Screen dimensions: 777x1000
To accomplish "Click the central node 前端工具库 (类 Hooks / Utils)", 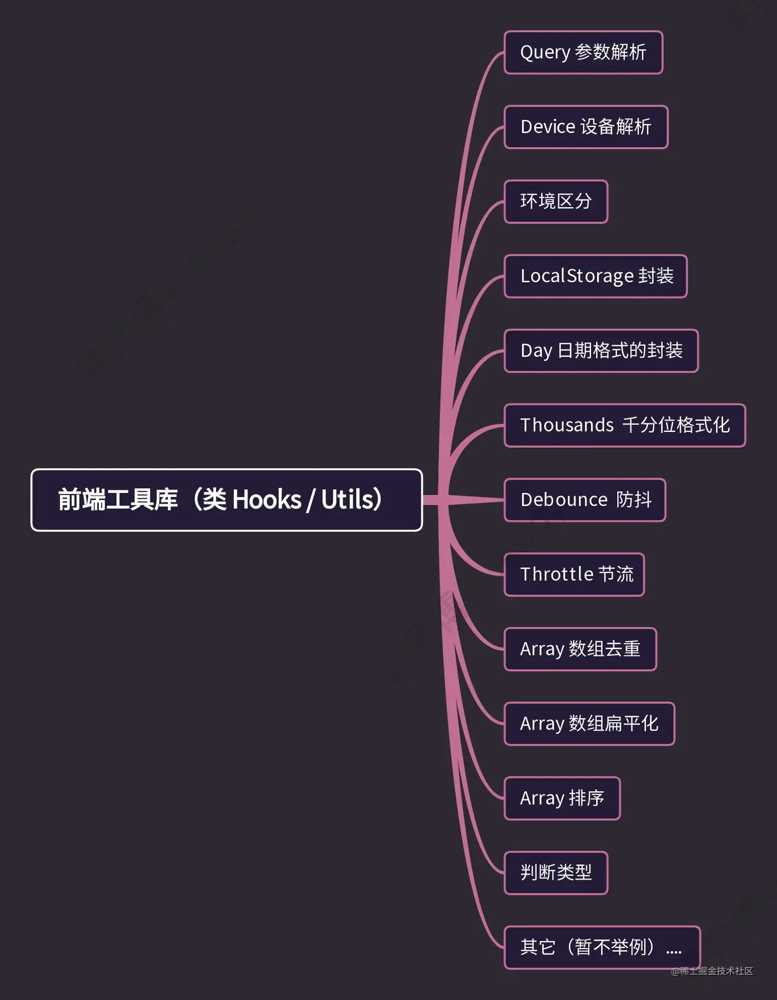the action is point(226,500).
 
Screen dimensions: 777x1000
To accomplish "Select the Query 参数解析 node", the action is point(583,52).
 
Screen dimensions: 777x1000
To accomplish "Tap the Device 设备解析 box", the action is point(586,127).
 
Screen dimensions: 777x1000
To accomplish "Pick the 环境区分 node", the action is point(556,202).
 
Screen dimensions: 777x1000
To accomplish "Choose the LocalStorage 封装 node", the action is point(596,276).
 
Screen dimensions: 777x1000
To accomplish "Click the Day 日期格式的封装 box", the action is point(601,351).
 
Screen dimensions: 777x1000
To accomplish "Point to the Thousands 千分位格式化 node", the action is point(624,425).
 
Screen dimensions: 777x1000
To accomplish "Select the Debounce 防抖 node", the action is point(585,500).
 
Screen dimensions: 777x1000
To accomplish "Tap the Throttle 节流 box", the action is point(574,574).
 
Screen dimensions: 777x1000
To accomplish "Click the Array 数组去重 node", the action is point(580,649).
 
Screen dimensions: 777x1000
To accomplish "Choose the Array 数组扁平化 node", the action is point(589,723).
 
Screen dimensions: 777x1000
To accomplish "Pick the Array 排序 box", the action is point(562,798).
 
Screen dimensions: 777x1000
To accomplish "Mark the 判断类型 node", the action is point(556,872).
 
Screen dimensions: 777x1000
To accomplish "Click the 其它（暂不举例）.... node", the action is point(602,947).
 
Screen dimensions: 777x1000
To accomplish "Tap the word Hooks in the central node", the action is point(267,500).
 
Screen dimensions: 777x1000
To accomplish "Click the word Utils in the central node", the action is point(349,500).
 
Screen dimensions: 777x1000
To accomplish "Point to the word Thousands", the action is point(567,425).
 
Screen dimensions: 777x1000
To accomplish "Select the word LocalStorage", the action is point(577,276).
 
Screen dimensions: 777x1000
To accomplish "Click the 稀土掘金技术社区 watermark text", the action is point(715,971).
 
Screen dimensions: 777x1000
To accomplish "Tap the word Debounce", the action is point(564,500).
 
